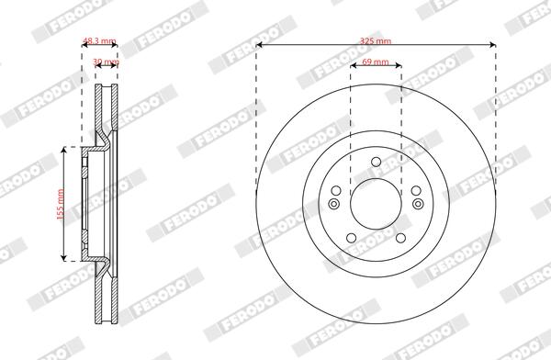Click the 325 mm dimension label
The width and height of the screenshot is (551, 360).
[x=376, y=39]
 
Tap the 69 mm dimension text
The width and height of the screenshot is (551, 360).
[x=376, y=61]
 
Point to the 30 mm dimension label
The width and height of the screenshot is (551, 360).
[x=107, y=62]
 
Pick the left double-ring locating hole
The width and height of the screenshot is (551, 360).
[x=334, y=204]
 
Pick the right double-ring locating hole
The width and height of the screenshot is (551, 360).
[x=417, y=204]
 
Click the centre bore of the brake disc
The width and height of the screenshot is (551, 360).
[x=376, y=202]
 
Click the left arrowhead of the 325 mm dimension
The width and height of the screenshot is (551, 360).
[x=259, y=44]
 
